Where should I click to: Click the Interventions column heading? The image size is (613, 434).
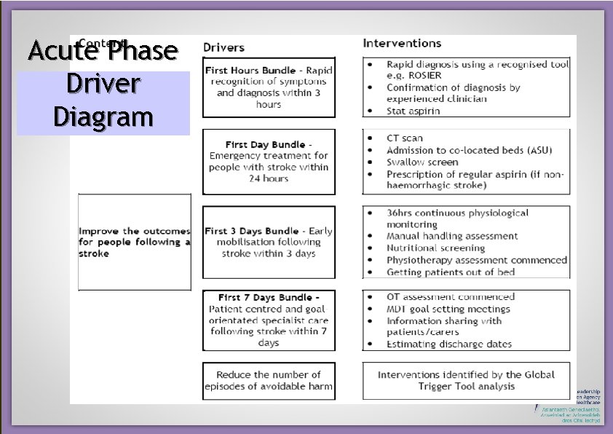click(402, 44)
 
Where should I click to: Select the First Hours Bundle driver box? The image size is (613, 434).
click(269, 87)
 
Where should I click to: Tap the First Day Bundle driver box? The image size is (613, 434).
click(269, 162)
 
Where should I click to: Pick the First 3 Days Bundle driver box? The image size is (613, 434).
click(269, 242)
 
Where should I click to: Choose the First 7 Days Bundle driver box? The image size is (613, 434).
click(269, 320)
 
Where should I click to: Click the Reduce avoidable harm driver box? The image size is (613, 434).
click(269, 380)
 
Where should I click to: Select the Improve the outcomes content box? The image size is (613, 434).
click(135, 242)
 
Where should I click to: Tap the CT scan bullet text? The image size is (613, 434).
click(405, 138)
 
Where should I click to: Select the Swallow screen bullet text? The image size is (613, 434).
click(422, 162)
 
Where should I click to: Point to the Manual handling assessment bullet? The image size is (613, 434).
click(452, 236)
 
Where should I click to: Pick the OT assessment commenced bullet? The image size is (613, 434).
click(451, 296)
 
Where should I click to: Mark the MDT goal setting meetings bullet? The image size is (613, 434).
click(449, 309)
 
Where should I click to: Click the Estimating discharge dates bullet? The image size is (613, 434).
click(449, 344)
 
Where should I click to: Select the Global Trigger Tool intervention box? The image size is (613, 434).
click(466, 380)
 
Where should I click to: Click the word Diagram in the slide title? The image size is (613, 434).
click(103, 117)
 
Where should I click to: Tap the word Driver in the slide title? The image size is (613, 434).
click(103, 84)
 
